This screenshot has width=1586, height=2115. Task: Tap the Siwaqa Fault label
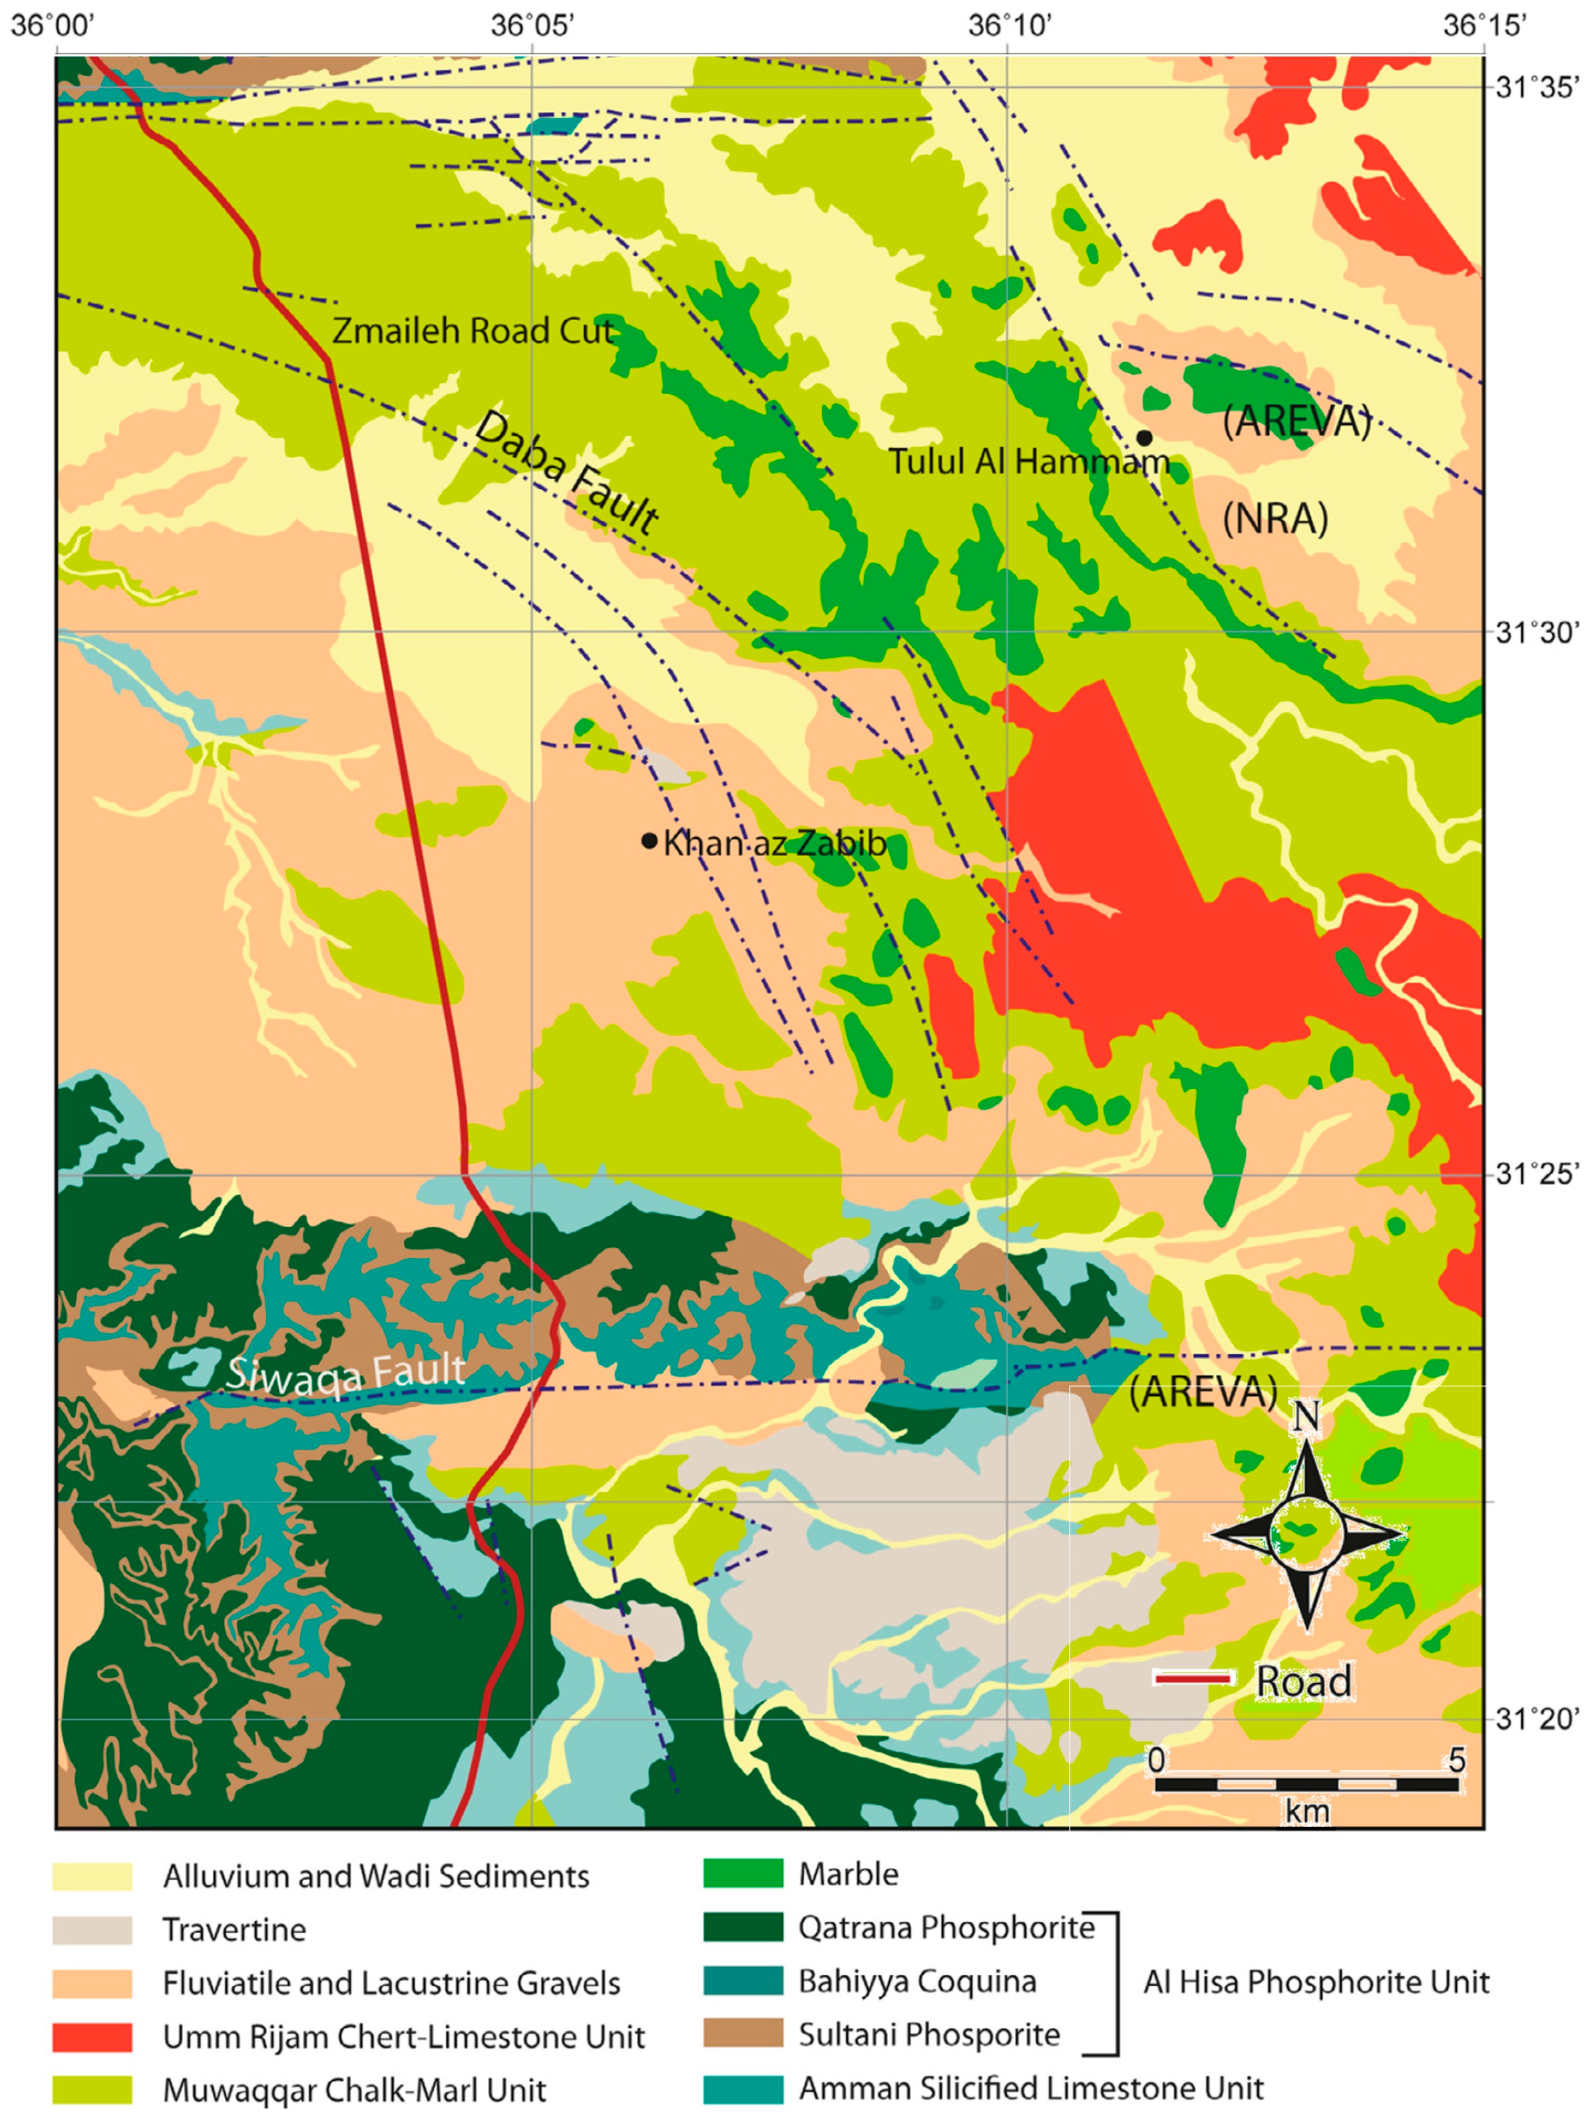click(345, 1374)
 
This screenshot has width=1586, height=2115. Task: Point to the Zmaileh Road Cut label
click(473, 331)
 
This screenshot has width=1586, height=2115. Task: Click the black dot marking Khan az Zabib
click(649, 840)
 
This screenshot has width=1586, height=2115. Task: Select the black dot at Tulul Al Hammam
click(1143, 437)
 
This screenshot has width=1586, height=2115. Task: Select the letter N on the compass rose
click(1305, 1416)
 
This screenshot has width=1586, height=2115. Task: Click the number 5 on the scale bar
click(1456, 1758)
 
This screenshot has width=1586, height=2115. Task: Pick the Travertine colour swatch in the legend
click(92, 1929)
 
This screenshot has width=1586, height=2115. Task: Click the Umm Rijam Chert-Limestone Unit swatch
click(92, 2036)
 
